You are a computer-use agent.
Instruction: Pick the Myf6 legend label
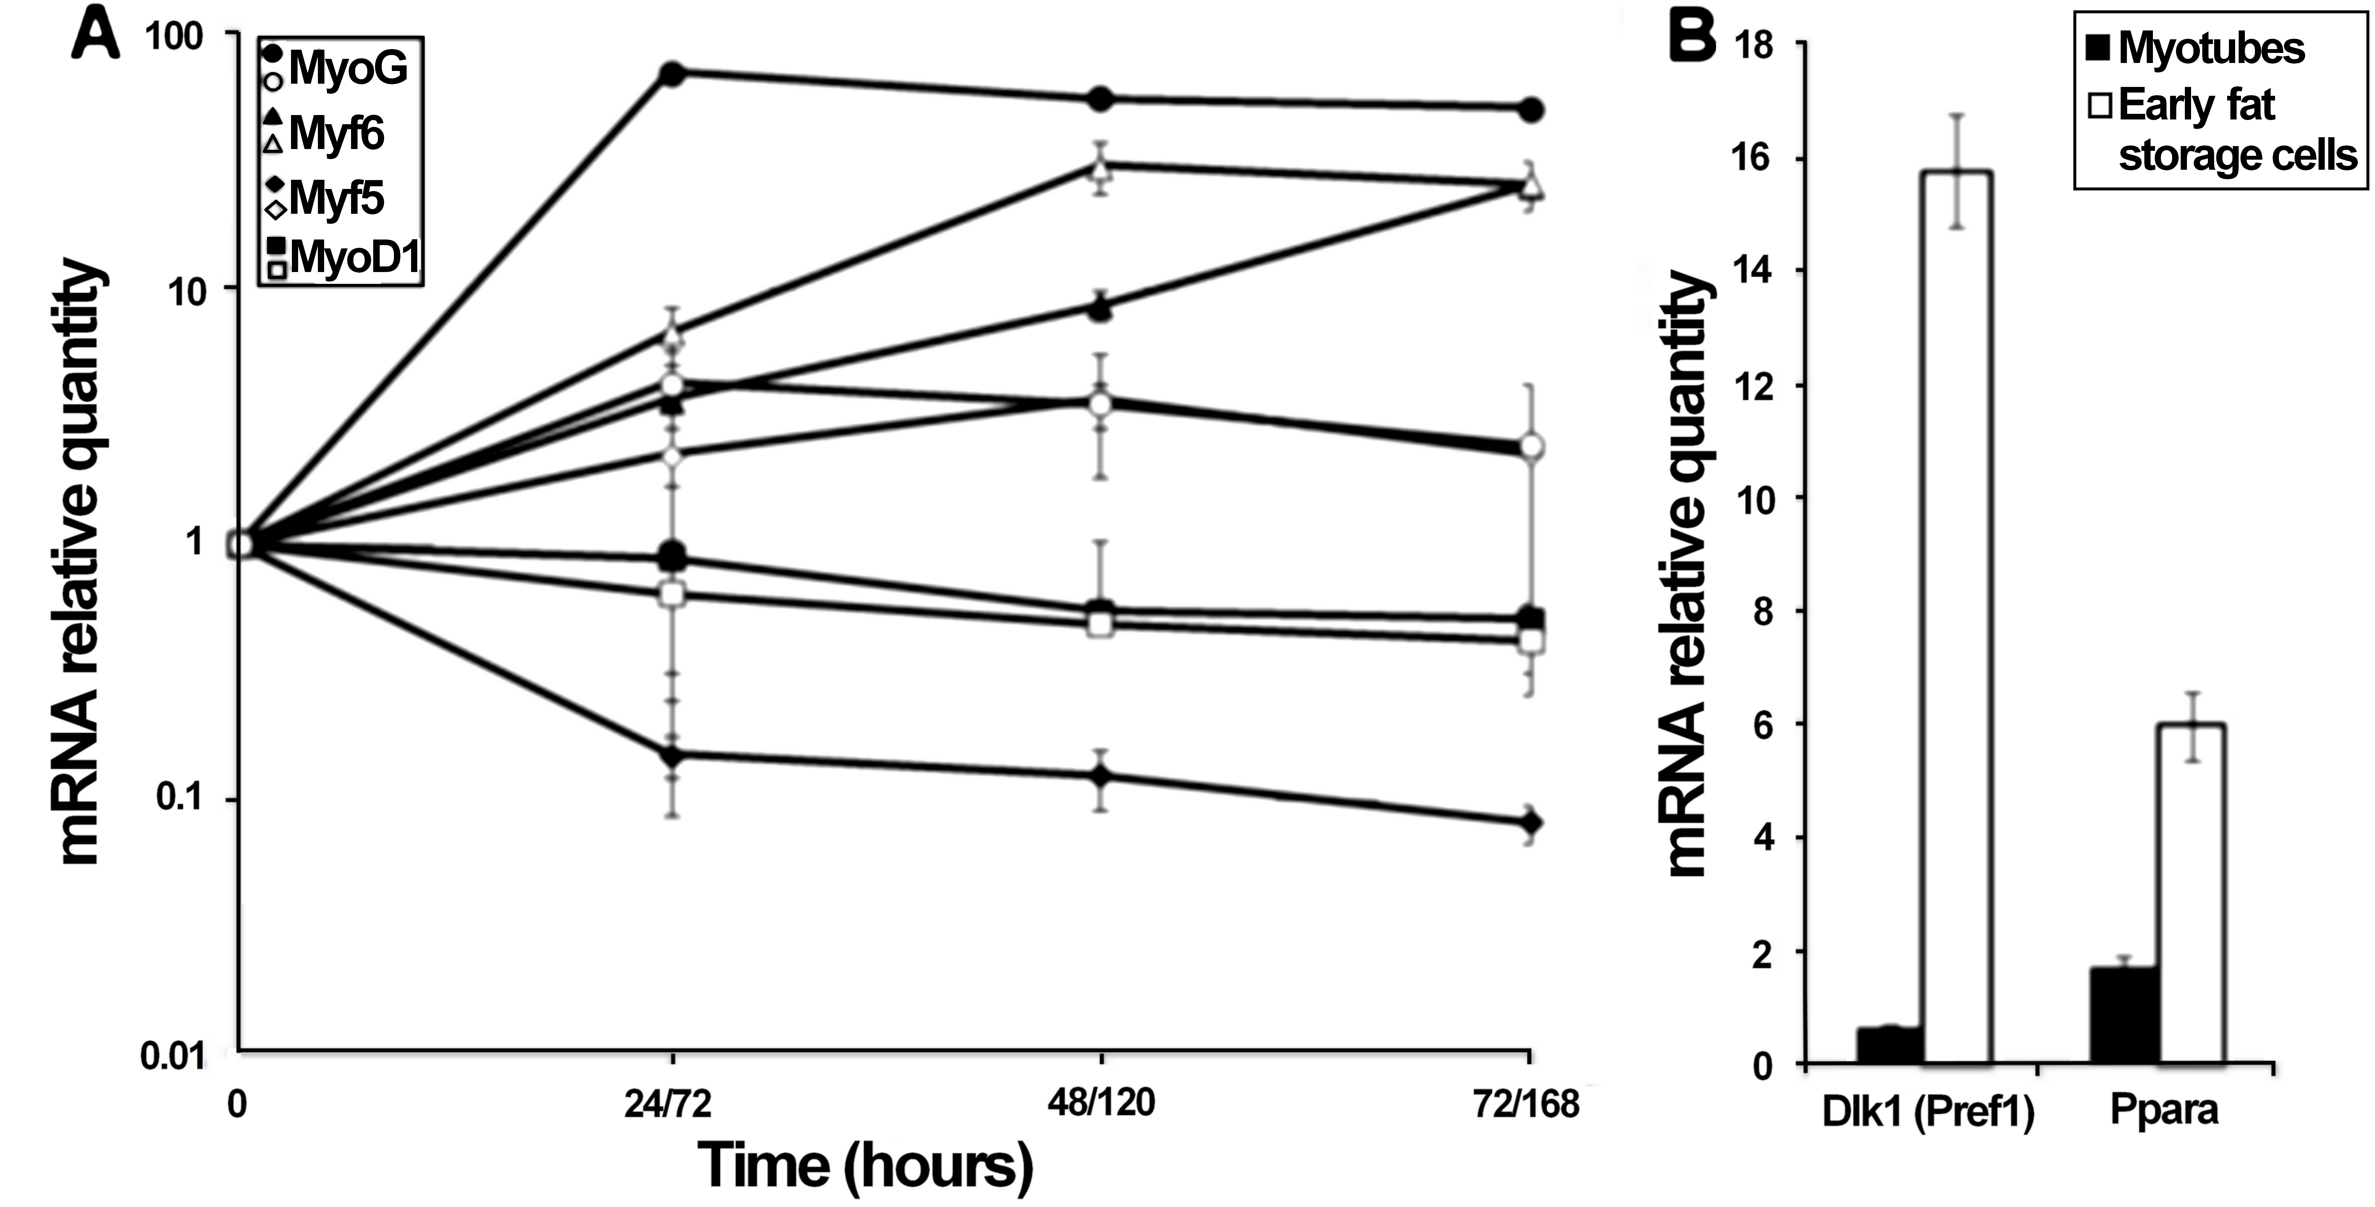[x=337, y=134]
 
